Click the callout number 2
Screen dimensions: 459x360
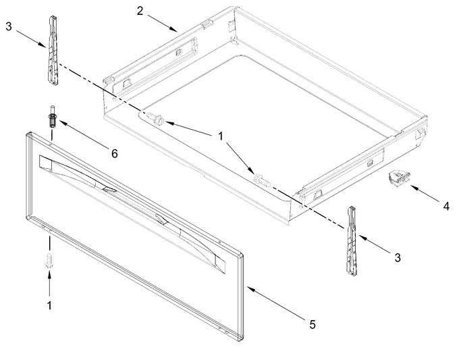pos(140,11)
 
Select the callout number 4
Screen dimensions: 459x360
pos(446,206)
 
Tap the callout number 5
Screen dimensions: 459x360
pos(313,324)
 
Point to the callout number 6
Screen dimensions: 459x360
pos(115,153)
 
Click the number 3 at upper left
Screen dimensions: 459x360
pos(9,26)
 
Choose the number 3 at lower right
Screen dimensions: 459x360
pos(397,258)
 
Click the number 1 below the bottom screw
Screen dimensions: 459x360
pos(49,305)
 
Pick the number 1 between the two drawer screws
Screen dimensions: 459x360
pos(220,136)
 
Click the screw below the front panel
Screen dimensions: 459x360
pos(49,259)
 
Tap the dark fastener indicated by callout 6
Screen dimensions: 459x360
pos(53,116)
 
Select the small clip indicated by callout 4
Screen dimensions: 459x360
pos(399,178)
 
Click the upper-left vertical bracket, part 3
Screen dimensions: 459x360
pos(53,51)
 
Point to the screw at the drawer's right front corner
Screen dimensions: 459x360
pos(263,180)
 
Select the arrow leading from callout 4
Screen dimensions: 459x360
pos(425,192)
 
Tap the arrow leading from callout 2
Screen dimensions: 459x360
pos(162,23)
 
